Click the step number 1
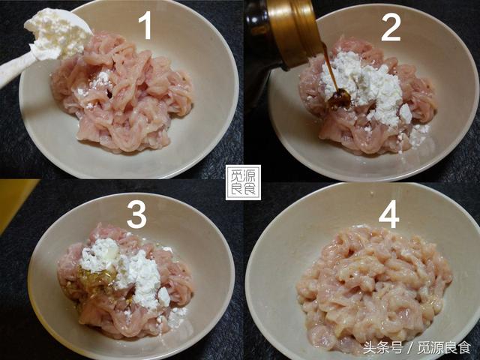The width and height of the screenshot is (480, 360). click(145, 25)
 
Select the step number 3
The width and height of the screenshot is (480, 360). click(136, 214)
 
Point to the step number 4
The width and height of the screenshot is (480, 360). click(388, 214)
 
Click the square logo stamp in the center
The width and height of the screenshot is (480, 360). click(243, 182)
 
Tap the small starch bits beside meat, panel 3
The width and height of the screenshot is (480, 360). click(176, 316)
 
